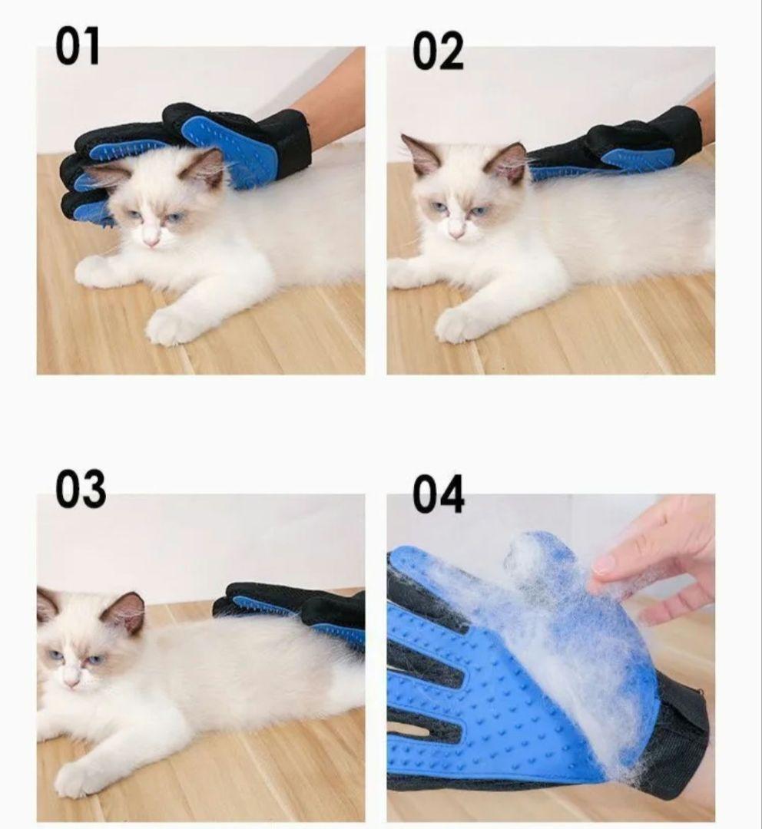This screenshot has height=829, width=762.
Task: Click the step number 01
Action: (x=78, y=47)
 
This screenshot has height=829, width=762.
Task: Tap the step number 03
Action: (x=81, y=488)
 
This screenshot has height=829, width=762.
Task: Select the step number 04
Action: (x=438, y=494)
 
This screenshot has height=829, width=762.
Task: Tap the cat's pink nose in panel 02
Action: (x=455, y=232)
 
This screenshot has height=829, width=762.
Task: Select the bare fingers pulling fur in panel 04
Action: (x=656, y=560)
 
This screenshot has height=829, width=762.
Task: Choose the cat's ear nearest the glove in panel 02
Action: (x=507, y=162)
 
